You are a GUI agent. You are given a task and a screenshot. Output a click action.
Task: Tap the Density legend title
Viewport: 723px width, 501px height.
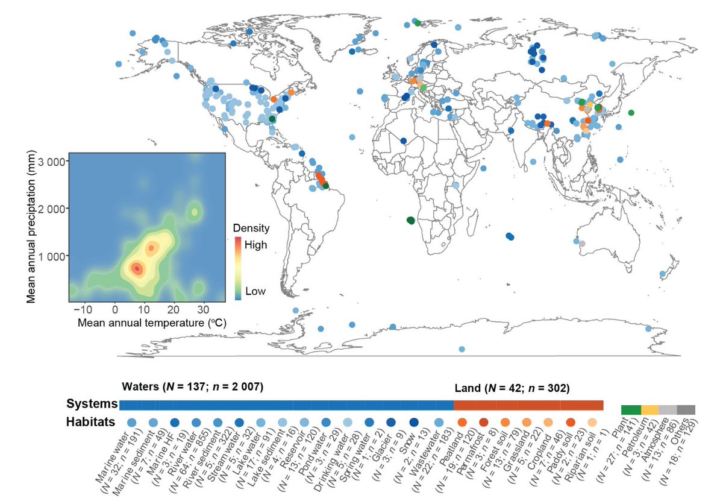pos(251,229)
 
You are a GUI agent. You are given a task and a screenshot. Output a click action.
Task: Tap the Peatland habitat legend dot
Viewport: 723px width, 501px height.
pos(462,423)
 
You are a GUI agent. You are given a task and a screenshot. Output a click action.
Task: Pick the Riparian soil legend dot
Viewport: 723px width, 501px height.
pos(592,423)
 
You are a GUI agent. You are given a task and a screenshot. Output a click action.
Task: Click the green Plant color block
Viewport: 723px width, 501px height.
pos(630,410)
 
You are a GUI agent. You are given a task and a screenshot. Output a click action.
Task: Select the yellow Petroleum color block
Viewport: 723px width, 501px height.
pos(649,410)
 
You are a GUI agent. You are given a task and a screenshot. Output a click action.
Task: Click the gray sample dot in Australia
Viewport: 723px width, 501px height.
pos(581,243)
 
